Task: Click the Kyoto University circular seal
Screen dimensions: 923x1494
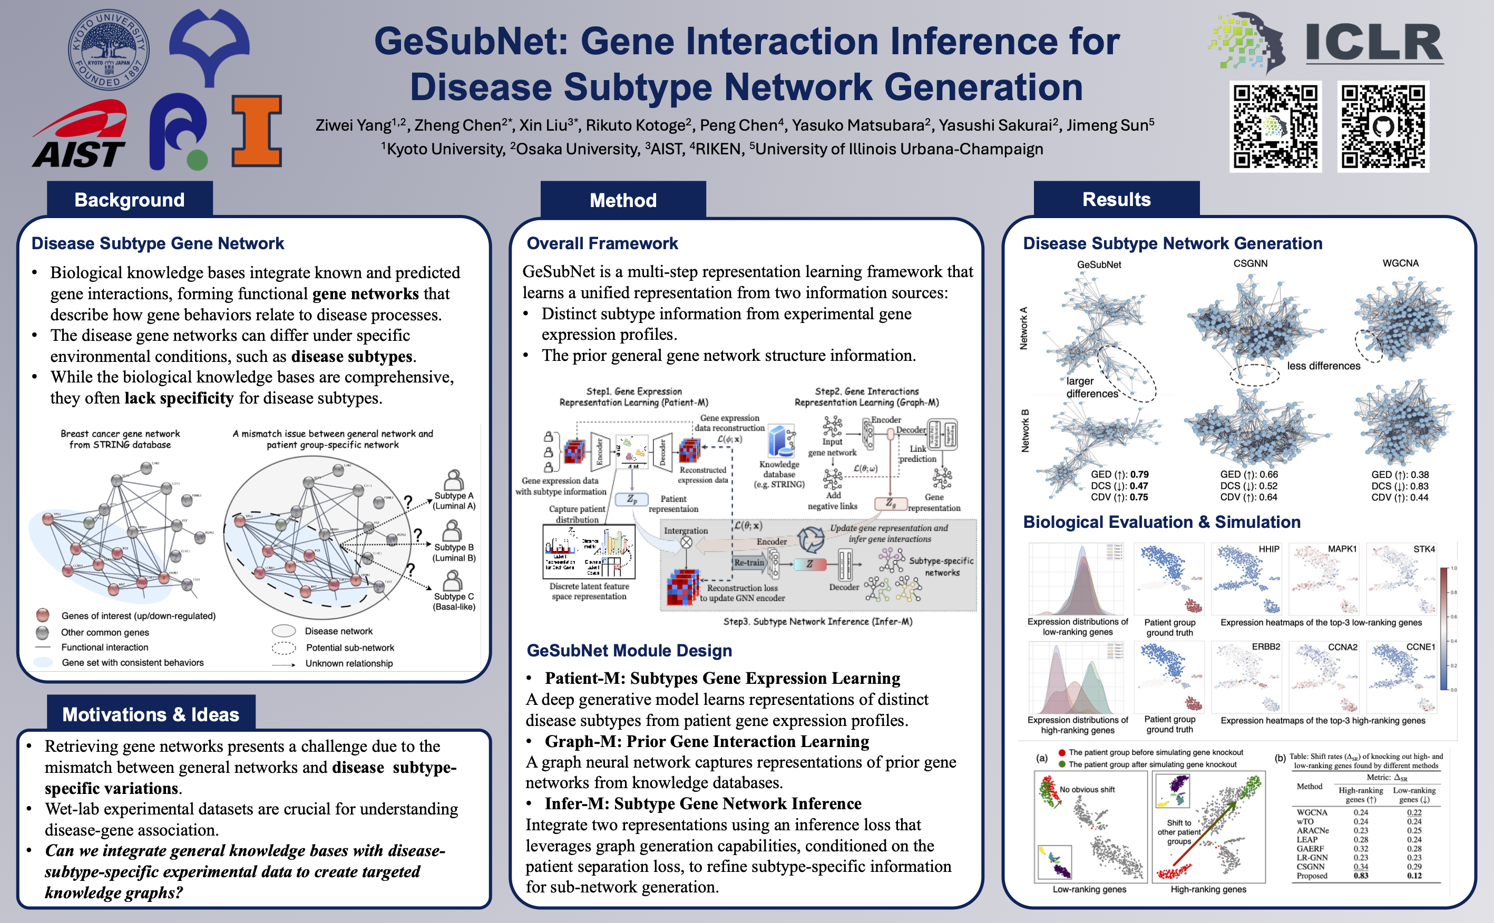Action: [109, 50]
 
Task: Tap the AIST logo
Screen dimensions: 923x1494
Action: [80, 135]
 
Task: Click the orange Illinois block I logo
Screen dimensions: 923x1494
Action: [257, 131]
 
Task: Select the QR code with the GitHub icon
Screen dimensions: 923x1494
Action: [1382, 126]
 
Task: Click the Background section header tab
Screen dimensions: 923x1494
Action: [130, 200]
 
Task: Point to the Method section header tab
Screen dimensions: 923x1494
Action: [623, 200]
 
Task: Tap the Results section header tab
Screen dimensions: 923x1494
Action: [1116, 199]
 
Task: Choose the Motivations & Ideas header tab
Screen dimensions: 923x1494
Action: [151, 714]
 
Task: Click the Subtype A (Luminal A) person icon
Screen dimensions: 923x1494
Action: [453, 480]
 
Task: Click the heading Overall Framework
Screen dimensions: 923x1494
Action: [602, 243]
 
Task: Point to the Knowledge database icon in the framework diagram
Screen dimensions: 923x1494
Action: [780, 441]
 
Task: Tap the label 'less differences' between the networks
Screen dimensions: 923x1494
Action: [1324, 366]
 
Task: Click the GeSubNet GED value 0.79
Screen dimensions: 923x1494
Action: [1139, 474]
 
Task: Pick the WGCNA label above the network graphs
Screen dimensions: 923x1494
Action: [1401, 263]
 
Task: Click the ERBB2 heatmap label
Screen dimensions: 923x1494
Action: [1266, 646]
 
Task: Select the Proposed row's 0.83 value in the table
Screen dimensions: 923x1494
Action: [1361, 876]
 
